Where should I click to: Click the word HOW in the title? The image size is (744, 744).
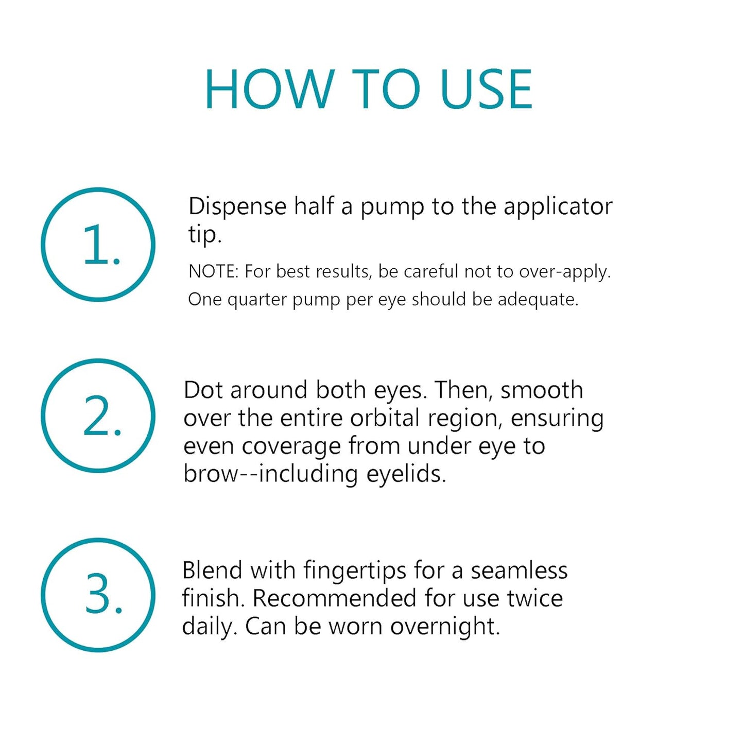[269, 90]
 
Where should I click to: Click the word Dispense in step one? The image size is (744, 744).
[237, 206]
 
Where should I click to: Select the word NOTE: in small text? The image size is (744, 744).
[213, 271]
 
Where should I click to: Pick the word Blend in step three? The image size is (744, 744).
[212, 570]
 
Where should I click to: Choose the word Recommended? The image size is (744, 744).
[334, 598]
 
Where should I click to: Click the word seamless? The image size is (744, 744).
[519, 570]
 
